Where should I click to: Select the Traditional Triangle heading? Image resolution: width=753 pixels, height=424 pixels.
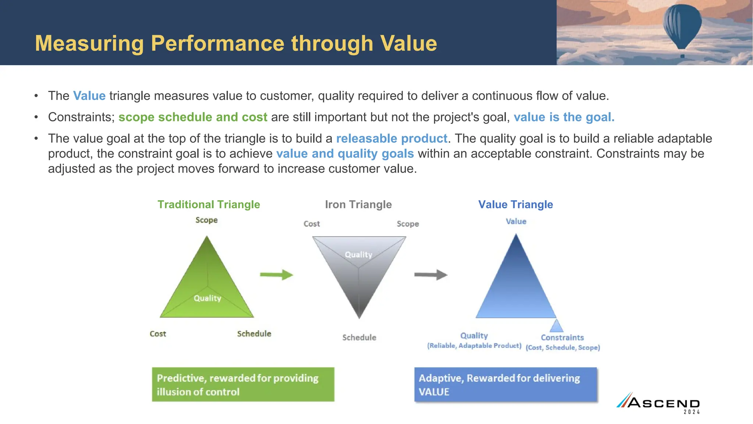click(x=208, y=205)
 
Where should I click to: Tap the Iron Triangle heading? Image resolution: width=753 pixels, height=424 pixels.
click(x=358, y=205)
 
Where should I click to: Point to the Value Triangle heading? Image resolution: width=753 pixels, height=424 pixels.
click(x=515, y=205)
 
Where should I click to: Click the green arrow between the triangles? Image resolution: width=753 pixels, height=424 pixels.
click(x=276, y=275)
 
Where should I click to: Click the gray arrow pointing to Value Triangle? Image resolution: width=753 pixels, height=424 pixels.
click(x=431, y=275)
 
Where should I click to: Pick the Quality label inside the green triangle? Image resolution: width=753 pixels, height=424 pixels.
click(x=207, y=298)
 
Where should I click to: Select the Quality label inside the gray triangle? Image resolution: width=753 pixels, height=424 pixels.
click(x=358, y=255)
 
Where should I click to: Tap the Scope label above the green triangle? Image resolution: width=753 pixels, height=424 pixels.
click(x=206, y=220)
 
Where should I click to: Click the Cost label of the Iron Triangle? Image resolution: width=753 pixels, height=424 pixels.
click(x=311, y=224)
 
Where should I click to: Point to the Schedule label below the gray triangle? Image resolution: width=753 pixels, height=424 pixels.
click(x=359, y=338)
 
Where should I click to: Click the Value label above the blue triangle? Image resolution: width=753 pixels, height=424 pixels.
click(x=516, y=222)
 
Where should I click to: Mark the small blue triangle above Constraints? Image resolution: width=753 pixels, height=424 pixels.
click(x=556, y=326)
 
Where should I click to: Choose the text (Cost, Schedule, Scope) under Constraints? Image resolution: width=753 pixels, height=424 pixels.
click(x=563, y=347)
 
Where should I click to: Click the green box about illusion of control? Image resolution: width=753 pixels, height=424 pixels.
click(x=243, y=385)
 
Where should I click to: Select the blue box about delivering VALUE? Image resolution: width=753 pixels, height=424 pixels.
click(x=506, y=385)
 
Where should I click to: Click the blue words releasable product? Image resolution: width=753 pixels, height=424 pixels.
click(x=392, y=138)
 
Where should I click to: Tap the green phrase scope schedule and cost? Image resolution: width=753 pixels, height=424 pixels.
click(x=193, y=117)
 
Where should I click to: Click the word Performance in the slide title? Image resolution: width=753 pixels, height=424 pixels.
click(x=218, y=43)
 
